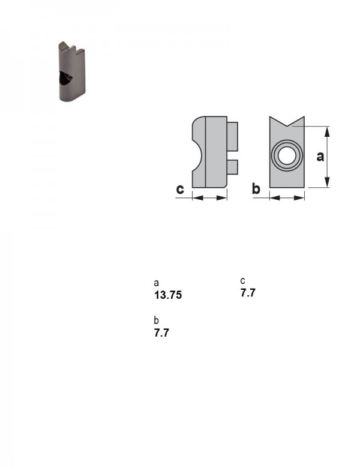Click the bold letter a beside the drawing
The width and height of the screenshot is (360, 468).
320,157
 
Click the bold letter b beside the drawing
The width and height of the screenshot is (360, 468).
256,188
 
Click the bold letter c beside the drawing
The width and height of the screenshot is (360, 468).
180,189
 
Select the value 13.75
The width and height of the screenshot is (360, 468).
168,295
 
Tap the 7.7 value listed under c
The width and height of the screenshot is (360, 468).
248,293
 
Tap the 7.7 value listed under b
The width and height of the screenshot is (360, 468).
161,333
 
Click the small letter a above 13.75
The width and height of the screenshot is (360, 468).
156,283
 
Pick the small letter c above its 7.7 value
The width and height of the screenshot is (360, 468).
242,281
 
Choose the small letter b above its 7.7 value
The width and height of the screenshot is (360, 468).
156,320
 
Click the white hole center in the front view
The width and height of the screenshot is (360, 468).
287,155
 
